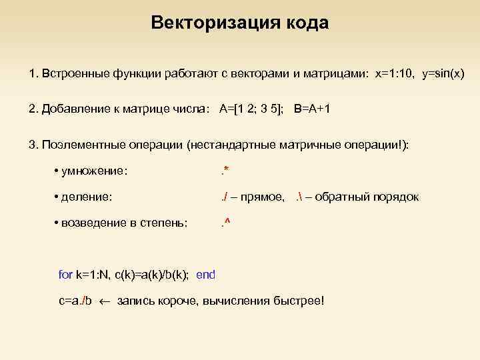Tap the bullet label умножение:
(x=94, y=171)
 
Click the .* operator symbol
(x=225, y=171)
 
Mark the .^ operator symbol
(x=225, y=222)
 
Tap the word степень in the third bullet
(x=164, y=222)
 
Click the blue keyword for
(x=65, y=274)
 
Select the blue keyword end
(x=206, y=274)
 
